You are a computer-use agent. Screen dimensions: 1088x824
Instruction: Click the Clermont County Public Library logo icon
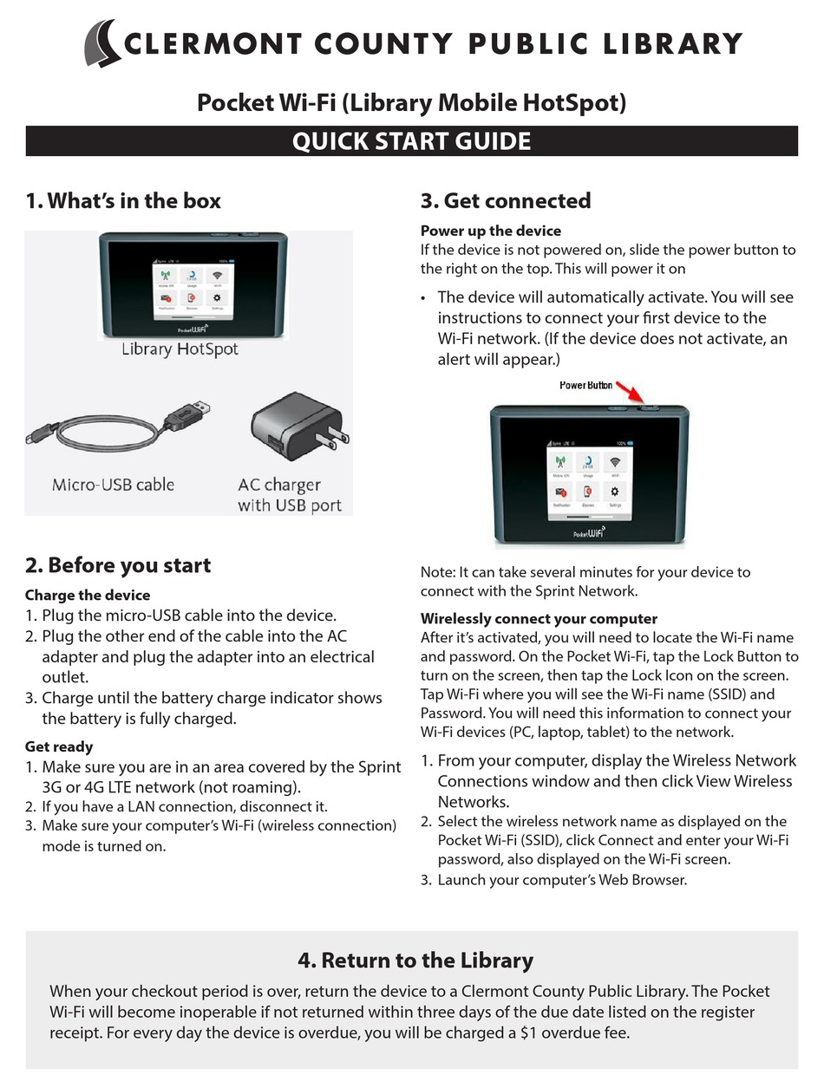pyautogui.click(x=103, y=43)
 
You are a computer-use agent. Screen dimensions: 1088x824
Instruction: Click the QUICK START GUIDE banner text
pyautogui.click(x=411, y=141)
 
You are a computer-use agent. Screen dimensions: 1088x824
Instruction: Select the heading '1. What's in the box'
pyautogui.click(x=123, y=201)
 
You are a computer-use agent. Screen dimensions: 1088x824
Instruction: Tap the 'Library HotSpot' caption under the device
pyautogui.click(x=180, y=349)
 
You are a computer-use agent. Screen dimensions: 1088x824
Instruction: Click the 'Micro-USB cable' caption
pyautogui.click(x=113, y=485)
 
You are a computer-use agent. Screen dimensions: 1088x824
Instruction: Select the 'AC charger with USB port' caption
pyautogui.click(x=289, y=495)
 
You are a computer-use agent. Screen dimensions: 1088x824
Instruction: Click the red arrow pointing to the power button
pyautogui.click(x=629, y=394)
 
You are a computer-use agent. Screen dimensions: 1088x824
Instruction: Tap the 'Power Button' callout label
pyautogui.click(x=585, y=385)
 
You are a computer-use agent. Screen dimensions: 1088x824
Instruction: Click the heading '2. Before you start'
pyautogui.click(x=118, y=565)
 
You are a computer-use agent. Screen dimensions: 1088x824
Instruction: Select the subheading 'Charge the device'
pyautogui.click(x=88, y=595)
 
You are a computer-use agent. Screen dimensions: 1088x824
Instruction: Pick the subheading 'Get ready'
pyautogui.click(x=59, y=746)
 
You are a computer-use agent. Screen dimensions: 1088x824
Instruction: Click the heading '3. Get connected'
pyautogui.click(x=506, y=201)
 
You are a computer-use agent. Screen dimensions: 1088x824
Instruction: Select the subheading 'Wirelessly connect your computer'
pyautogui.click(x=539, y=618)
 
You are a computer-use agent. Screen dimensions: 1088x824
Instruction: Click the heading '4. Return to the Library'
pyautogui.click(x=415, y=961)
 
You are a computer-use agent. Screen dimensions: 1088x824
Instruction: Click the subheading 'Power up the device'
pyautogui.click(x=491, y=231)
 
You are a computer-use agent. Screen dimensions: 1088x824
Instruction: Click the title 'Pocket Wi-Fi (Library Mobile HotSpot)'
pyautogui.click(x=411, y=103)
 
